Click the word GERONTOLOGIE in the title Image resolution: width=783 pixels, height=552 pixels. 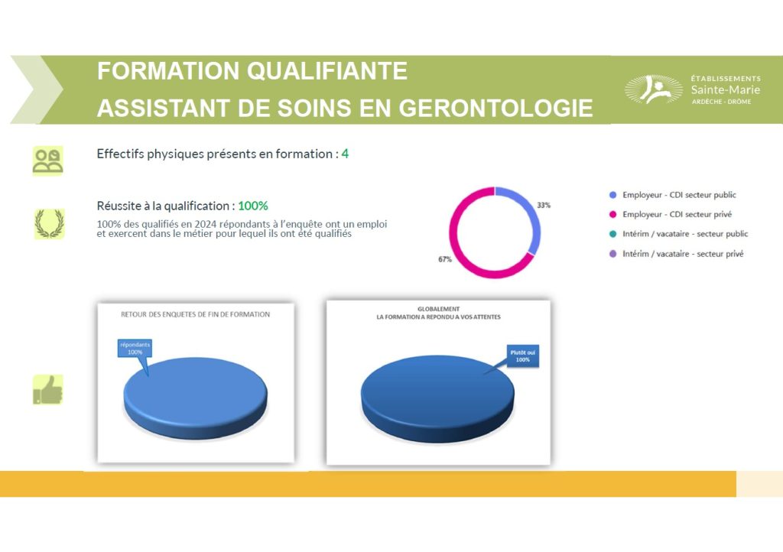point(495,109)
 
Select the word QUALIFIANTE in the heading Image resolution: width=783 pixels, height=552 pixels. point(327,71)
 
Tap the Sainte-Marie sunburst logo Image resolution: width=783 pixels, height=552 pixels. point(653,89)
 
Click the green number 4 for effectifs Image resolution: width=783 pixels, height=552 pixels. point(345,154)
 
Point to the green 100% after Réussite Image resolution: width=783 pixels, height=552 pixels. point(252,206)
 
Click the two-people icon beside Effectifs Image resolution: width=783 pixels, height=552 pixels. point(48,161)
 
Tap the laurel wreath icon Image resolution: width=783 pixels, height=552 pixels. point(49,223)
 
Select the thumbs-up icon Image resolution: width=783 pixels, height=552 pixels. point(48,389)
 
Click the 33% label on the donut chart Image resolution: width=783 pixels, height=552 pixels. point(544,205)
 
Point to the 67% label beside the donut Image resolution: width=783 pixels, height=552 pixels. point(445,259)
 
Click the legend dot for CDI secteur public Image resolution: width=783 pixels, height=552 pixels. point(612,195)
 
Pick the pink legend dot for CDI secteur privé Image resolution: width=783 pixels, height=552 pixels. point(612,215)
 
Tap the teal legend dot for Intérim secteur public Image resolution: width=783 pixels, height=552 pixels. point(612,234)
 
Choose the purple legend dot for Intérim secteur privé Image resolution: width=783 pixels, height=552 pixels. point(612,254)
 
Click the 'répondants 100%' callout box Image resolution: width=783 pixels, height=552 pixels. point(135,349)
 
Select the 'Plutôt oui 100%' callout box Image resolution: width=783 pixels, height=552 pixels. point(523,356)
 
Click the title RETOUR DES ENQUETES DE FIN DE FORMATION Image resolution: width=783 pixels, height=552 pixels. point(195,314)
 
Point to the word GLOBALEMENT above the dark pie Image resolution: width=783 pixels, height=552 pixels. point(438,309)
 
